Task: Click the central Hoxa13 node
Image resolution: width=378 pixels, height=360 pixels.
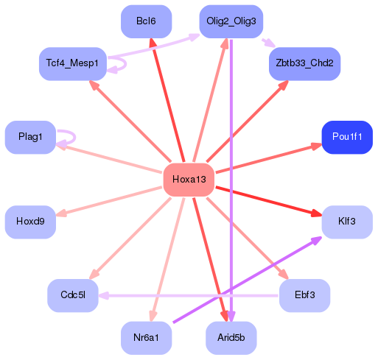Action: (188, 180)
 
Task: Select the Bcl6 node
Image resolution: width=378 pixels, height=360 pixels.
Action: (146, 21)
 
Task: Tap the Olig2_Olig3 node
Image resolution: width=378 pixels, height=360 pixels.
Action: (231, 21)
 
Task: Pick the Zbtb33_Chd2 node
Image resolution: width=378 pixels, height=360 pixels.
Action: (304, 64)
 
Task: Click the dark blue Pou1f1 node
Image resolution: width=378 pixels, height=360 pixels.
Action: (347, 138)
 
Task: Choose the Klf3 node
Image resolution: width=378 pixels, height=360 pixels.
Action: (347, 222)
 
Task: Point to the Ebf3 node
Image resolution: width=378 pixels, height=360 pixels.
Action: (304, 295)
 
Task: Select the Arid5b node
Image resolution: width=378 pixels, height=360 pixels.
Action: (231, 338)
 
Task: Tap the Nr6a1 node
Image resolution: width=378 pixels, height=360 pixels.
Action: (147, 338)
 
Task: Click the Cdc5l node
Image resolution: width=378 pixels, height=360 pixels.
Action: (73, 295)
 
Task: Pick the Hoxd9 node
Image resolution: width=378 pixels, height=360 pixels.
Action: (30, 222)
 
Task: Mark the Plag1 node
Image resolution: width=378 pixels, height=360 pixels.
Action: (30, 138)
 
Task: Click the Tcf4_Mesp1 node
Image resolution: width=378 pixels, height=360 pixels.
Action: (73, 64)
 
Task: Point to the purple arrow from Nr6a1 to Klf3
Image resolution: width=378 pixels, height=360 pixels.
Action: (247, 280)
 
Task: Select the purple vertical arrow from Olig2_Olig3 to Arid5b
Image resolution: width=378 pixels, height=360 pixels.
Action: (232, 184)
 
